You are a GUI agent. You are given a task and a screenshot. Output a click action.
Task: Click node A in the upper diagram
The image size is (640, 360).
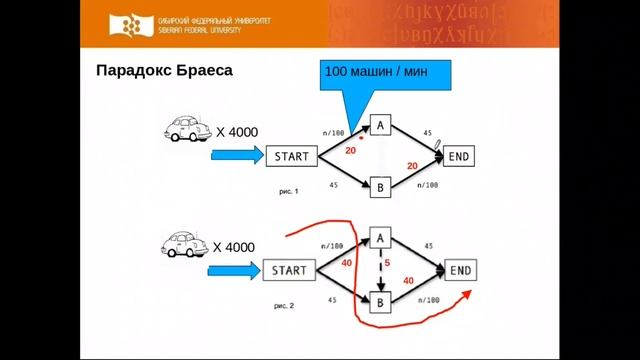tap(380, 125)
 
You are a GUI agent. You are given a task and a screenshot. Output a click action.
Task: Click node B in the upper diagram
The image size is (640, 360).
tap(380, 187)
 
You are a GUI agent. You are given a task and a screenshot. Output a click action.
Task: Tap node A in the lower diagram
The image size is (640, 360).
tap(380, 238)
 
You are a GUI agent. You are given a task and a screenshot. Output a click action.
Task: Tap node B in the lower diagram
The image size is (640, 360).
tap(380, 301)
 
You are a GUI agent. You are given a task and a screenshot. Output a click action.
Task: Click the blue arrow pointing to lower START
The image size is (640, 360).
tap(236, 270)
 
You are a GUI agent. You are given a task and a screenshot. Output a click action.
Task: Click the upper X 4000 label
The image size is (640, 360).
tap(235, 131)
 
